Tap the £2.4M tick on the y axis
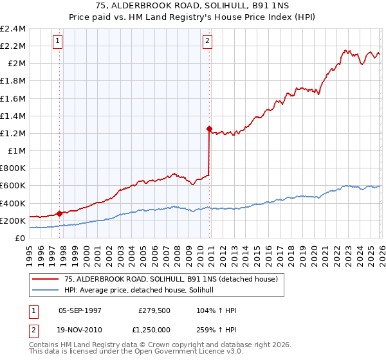tap(13, 29)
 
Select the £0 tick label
tap(21, 238)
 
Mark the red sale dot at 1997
tap(59, 213)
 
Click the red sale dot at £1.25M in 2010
tap(209, 129)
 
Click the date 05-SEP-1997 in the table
tap(80, 310)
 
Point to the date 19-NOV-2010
tap(80, 328)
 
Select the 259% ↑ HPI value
tap(217, 328)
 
